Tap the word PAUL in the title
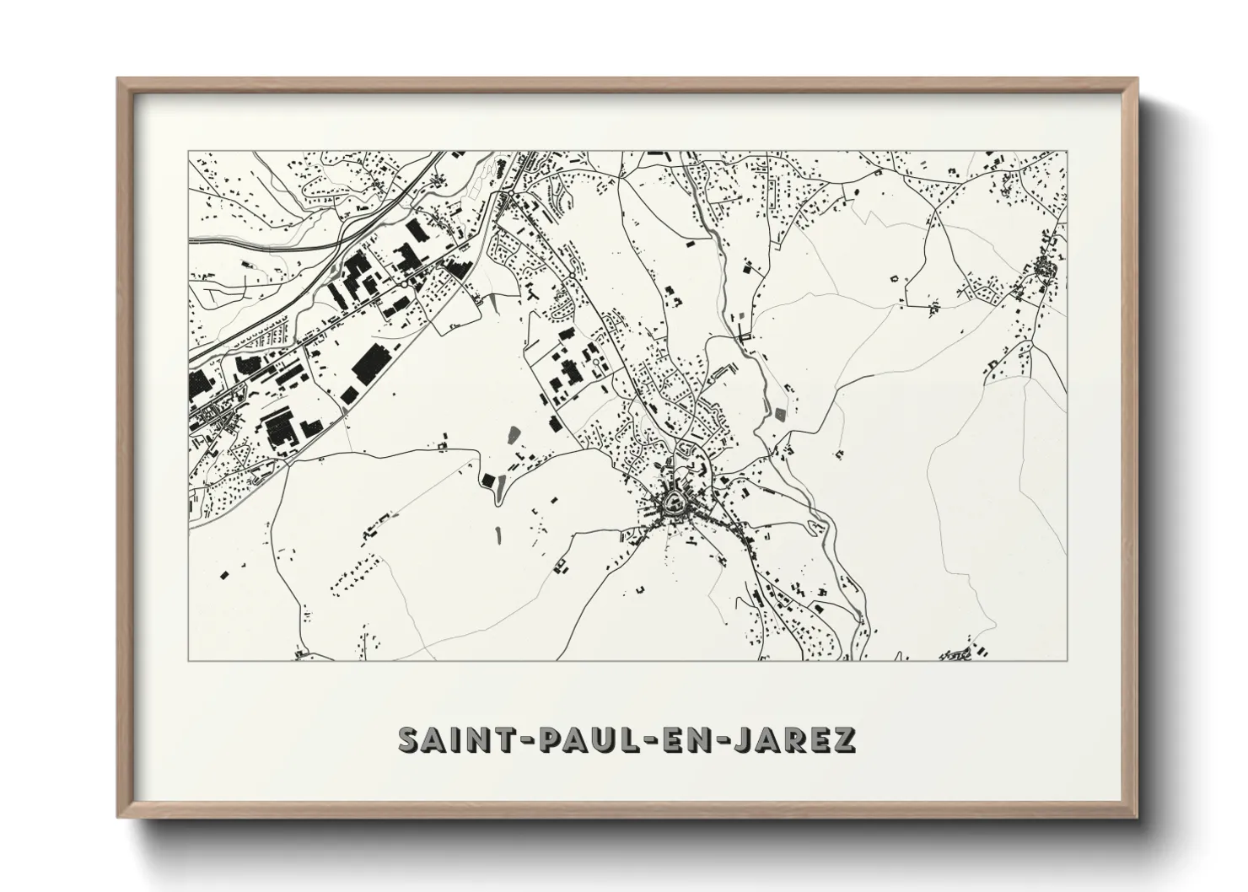569,739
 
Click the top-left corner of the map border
188,151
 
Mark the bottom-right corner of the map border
1067,660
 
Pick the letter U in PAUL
587,739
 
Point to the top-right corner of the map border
1067,151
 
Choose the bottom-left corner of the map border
188,660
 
